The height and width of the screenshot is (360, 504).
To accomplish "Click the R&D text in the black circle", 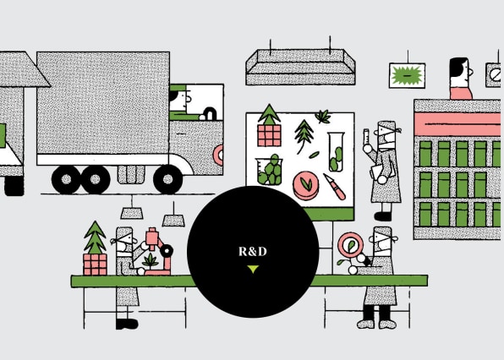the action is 253,251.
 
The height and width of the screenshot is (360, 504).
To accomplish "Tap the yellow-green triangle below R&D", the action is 253,269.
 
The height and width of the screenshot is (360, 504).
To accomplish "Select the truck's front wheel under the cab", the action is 167,179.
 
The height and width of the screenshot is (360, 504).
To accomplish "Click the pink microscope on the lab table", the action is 158,252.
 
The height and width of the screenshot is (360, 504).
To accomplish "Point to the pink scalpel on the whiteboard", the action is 335,187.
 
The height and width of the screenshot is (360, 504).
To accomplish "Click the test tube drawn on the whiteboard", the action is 337,152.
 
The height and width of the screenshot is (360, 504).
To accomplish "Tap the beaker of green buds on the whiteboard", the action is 270,170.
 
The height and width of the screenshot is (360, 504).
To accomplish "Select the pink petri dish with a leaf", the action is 305,185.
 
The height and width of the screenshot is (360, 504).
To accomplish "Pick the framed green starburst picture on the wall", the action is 407,75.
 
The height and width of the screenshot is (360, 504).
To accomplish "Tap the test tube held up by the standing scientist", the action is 366,139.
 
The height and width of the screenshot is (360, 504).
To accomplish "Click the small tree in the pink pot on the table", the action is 95,248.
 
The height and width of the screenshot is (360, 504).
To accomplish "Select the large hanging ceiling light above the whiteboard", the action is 300,67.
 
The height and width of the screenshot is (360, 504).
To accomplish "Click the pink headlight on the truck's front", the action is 219,155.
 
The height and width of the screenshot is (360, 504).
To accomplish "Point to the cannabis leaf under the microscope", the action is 151,260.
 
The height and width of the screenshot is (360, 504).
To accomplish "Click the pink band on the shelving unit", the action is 457,124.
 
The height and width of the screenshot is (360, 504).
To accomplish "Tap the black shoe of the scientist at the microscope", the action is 127,324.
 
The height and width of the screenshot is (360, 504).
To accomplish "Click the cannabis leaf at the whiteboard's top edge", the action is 323,117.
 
